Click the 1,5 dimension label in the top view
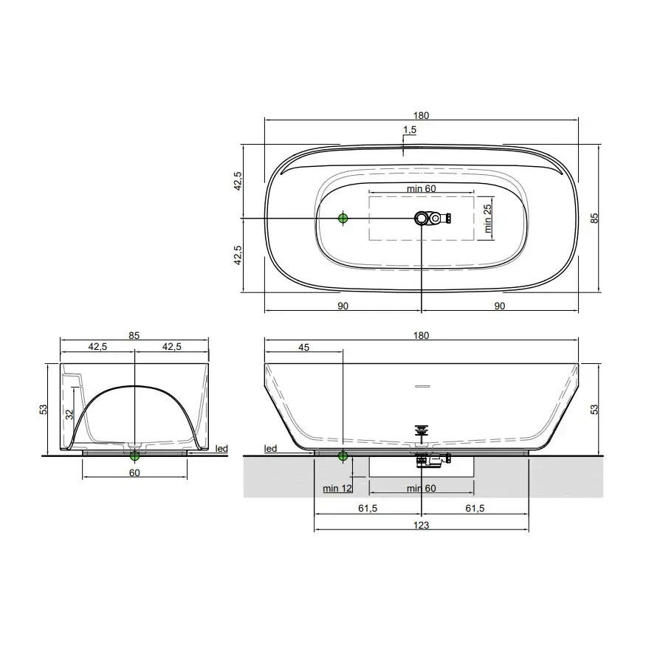pyautogui.click(x=410, y=130)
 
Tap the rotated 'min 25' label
pyautogui.click(x=487, y=219)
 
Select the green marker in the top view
pyautogui.click(x=343, y=218)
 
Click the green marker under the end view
pyautogui.click(x=134, y=456)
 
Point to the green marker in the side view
pyautogui.click(x=343, y=456)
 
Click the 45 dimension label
pyautogui.click(x=303, y=347)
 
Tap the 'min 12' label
pyautogui.click(x=337, y=488)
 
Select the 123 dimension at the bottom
pyautogui.click(x=421, y=525)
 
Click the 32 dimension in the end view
pyautogui.click(x=69, y=415)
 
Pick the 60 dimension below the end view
pyautogui.click(x=134, y=472)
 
